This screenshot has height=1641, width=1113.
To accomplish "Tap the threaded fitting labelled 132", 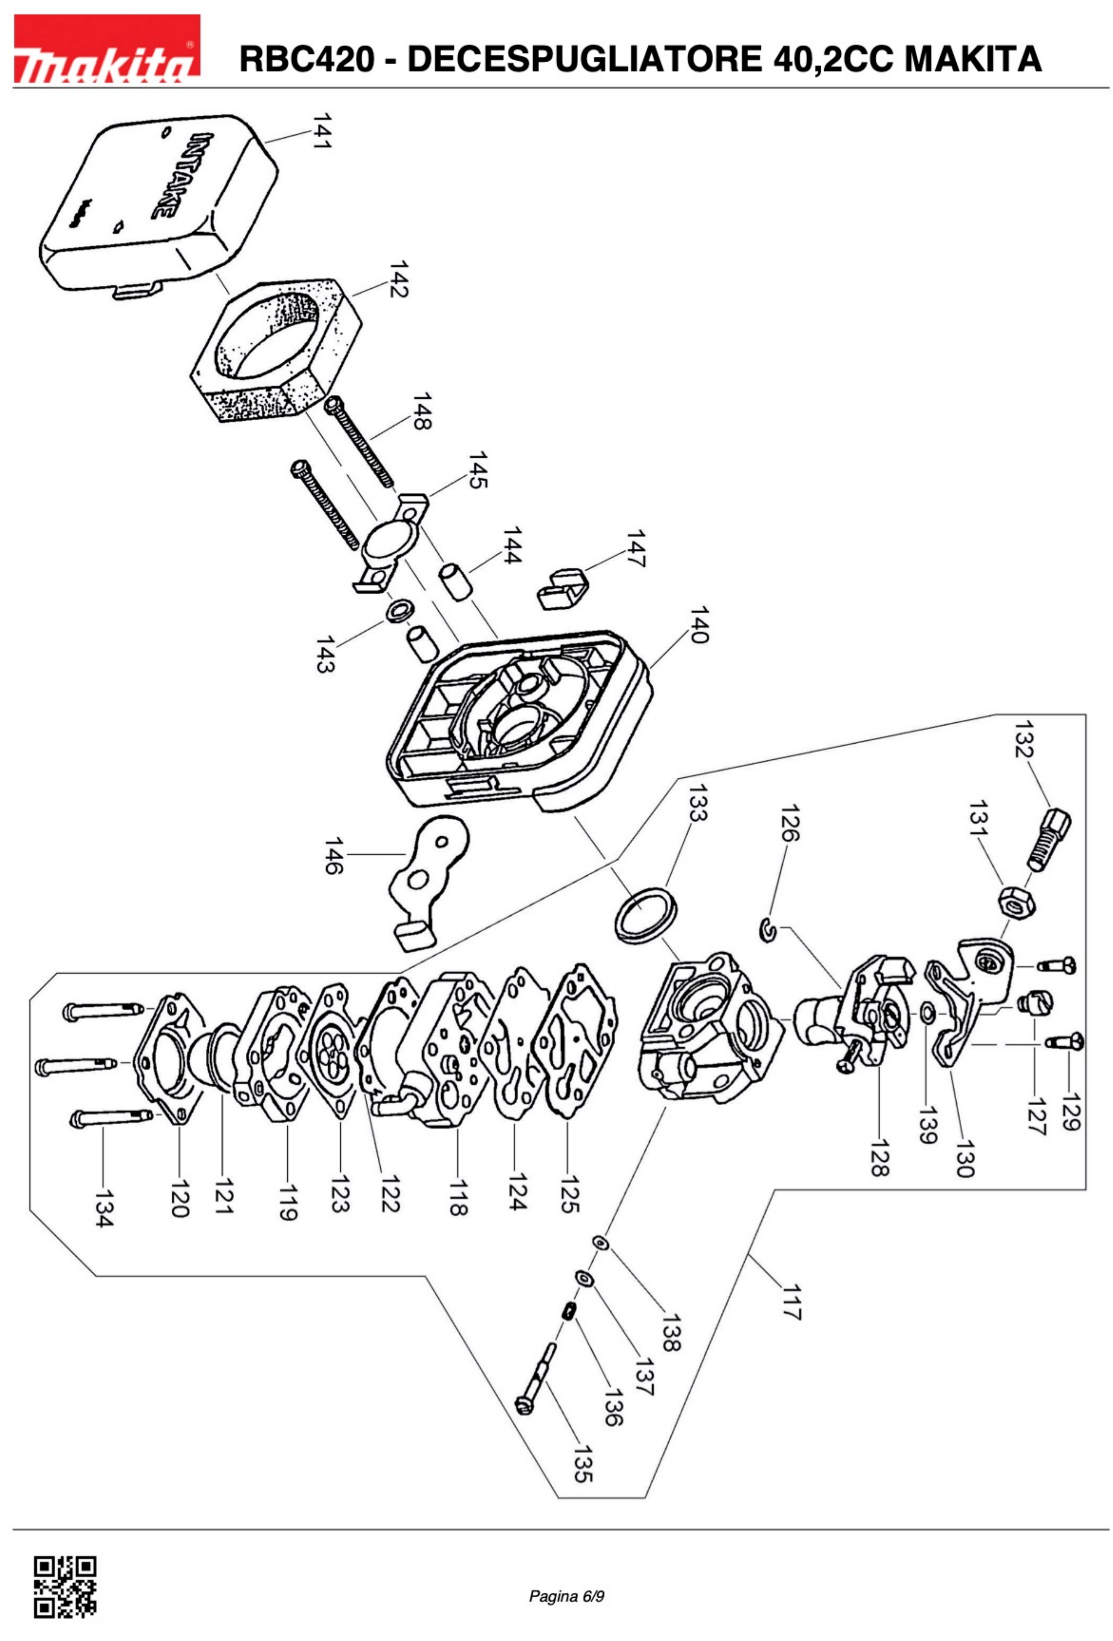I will pyautogui.click(x=1049, y=839).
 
